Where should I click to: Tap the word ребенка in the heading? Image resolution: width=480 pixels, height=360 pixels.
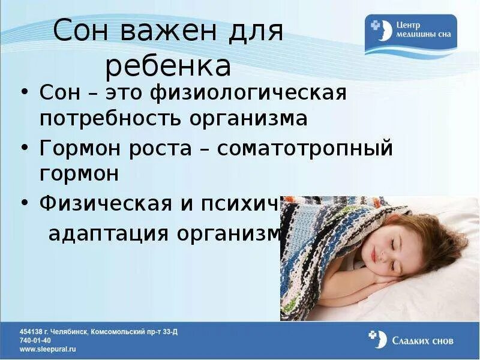pyautogui.click(x=169, y=67)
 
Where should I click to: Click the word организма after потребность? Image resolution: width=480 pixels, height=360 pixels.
pyautogui.click(x=249, y=118)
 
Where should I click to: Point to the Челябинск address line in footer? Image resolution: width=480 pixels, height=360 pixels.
pyautogui.click(x=98, y=331)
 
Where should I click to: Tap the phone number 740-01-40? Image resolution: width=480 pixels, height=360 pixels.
pyautogui.click(x=37, y=340)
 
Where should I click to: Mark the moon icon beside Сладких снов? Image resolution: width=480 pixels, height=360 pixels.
pyautogui.click(x=378, y=339)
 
